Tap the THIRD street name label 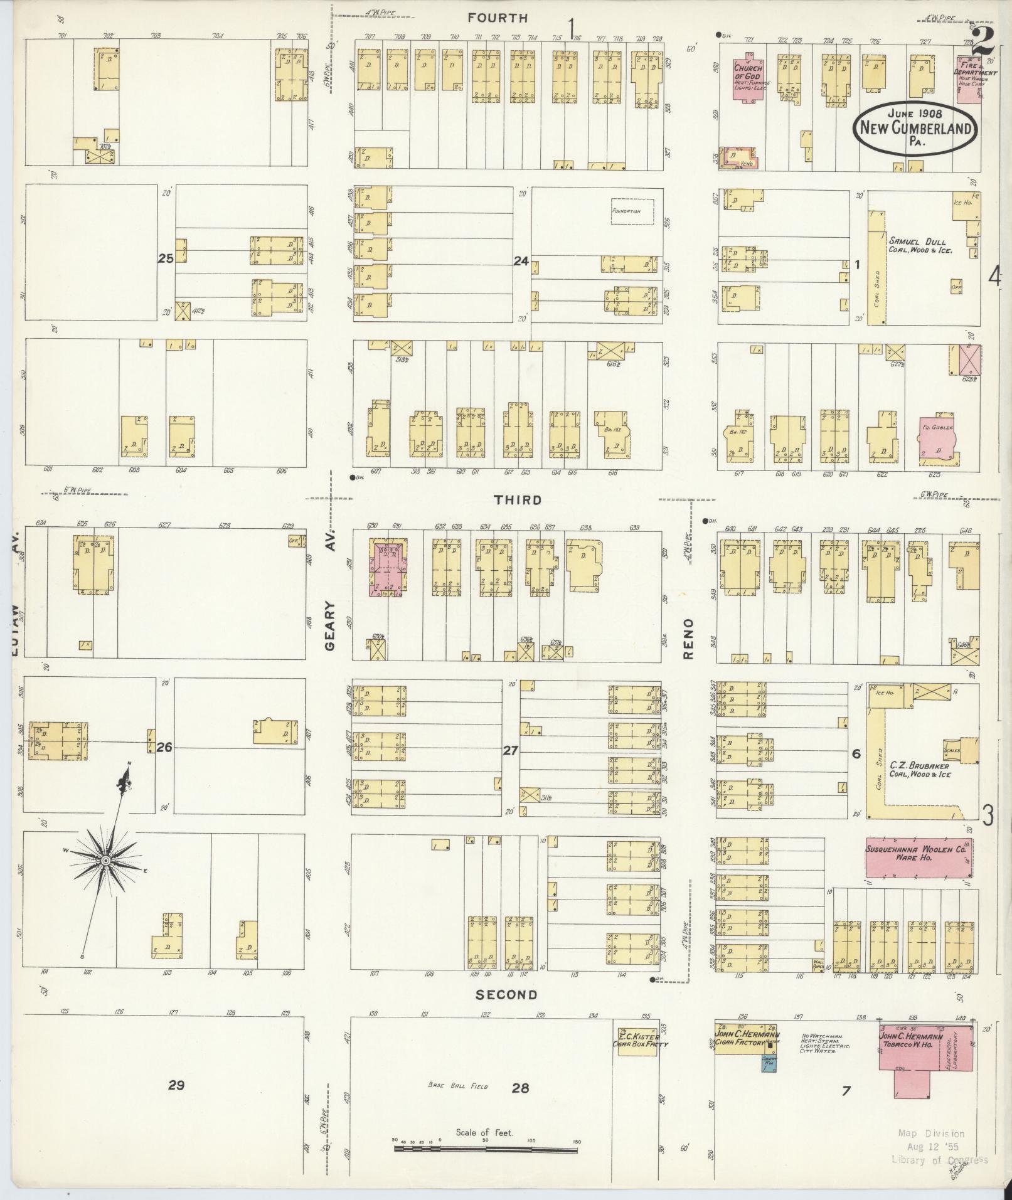point(518,500)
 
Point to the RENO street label point(688,639)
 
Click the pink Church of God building point(748,80)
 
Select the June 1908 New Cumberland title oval point(915,128)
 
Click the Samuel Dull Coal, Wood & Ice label point(920,245)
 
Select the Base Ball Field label point(457,1085)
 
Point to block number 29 point(176,1085)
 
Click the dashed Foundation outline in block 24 point(632,211)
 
